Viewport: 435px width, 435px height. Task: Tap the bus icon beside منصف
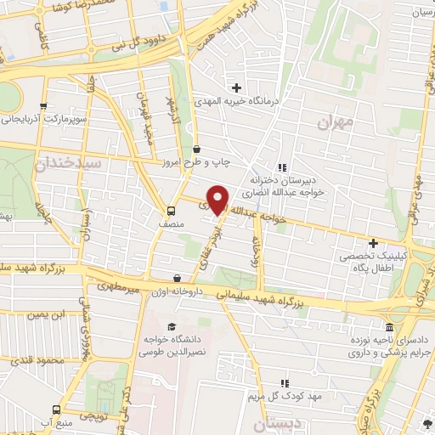(x=172, y=211)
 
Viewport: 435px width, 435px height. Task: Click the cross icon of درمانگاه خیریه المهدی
(x=237, y=87)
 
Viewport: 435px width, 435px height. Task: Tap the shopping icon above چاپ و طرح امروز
(x=196, y=150)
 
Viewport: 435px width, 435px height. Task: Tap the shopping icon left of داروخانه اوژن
(x=177, y=278)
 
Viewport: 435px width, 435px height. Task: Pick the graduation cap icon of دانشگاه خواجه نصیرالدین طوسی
(x=172, y=327)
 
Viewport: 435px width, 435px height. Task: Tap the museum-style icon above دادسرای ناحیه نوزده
(x=389, y=328)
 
